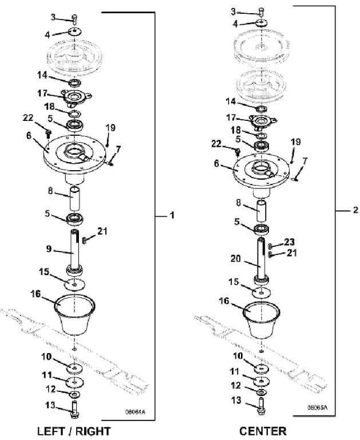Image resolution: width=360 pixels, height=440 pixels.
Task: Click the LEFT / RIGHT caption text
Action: (74, 431)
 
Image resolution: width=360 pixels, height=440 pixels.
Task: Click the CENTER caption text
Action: (263, 431)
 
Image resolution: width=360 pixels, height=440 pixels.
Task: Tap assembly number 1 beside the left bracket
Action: (172, 215)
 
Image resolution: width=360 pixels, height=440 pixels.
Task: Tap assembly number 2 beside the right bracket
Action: (355, 210)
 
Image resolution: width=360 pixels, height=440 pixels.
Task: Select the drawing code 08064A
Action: (135, 412)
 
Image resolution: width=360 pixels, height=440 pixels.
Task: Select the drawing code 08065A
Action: (317, 407)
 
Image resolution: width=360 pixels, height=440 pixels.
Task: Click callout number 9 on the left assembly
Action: (49, 249)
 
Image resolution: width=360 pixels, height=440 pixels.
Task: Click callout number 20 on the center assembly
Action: (235, 258)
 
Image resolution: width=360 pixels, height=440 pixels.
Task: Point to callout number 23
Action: (290, 242)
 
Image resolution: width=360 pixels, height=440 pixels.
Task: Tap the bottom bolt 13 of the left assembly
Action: (74, 410)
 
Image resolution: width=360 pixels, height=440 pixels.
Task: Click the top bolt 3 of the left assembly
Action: (75, 19)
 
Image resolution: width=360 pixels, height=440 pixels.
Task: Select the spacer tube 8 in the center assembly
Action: (262, 210)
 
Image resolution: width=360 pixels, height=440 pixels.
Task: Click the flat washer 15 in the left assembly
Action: (75, 285)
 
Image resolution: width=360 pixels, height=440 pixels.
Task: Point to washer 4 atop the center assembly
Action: (262, 22)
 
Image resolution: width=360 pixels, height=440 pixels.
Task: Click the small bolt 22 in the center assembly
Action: (238, 152)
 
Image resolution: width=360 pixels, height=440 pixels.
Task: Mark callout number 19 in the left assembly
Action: (111, 128)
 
